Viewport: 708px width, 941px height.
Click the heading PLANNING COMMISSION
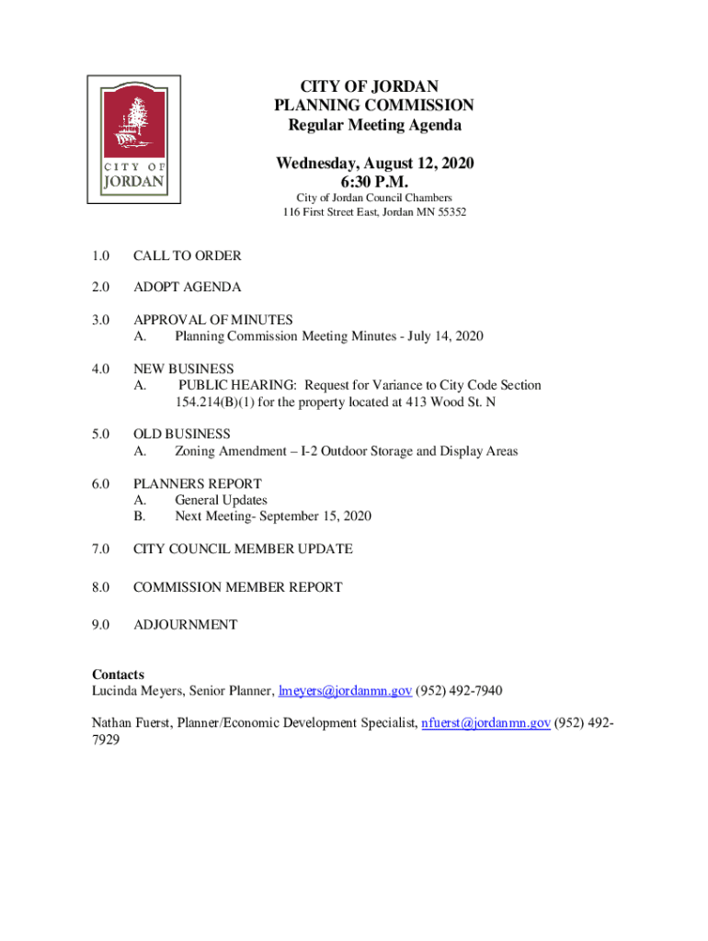point(373,106)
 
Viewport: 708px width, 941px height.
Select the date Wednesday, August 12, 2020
point(374,164)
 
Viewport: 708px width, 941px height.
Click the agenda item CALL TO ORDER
point(187,256)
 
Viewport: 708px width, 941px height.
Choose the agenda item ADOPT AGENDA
point(187,288)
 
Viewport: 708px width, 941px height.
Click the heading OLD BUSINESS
point(182,434)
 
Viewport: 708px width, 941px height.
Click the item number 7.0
point(101,550)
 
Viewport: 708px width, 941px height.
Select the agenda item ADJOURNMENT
point(185,625)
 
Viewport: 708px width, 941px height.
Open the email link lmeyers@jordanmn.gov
point(345,691)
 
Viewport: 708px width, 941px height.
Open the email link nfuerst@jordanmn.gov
point(485,723)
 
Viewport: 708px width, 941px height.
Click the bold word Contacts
point(118,675)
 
